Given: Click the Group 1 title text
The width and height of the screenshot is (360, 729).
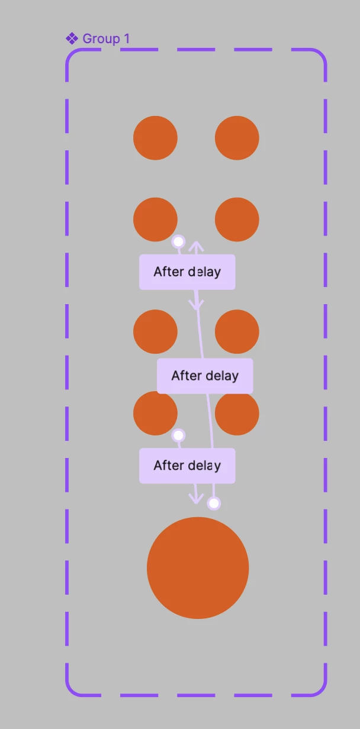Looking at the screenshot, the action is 106,38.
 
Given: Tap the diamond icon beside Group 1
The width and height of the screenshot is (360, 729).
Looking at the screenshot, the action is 72,38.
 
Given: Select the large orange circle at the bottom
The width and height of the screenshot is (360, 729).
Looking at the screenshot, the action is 198,568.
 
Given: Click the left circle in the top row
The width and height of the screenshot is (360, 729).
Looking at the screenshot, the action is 155,138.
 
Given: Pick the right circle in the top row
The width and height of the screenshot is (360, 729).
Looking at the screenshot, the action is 237,138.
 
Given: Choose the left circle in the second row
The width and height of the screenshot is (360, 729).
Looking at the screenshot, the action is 155,220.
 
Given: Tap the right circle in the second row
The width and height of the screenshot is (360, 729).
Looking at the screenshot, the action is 237,220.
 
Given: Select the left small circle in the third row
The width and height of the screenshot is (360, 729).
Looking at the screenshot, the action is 155,331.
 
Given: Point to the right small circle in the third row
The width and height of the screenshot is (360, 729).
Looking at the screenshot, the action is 237,331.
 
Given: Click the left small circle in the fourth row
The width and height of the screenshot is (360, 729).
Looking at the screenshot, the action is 155,413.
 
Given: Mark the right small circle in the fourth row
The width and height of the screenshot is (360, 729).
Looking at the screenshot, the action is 237,413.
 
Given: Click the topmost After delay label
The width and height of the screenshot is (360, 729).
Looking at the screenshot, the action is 187,272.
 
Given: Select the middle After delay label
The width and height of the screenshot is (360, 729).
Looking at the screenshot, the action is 205,376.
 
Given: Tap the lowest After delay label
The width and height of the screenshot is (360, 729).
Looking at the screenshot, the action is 187,466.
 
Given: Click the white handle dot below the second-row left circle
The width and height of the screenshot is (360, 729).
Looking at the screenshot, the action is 178,241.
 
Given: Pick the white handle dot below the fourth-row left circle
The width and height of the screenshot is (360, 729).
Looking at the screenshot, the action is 178,435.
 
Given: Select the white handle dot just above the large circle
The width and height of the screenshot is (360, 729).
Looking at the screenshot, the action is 214,504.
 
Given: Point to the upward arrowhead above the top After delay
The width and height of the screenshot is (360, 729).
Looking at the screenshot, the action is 196,246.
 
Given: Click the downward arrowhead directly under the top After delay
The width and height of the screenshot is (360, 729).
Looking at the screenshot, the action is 196,305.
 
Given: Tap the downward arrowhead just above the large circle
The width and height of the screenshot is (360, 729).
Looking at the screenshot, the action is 196,498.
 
